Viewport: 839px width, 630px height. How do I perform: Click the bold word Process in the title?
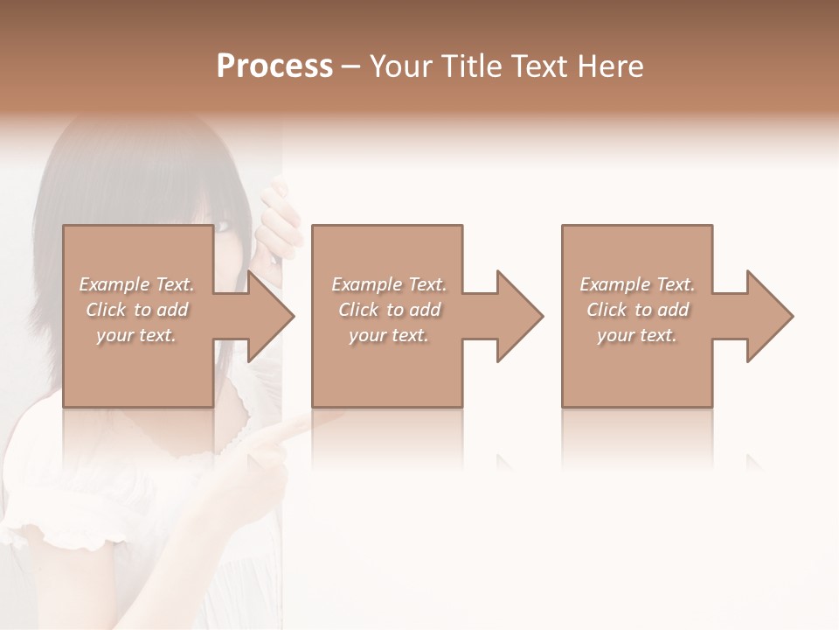[274, 66]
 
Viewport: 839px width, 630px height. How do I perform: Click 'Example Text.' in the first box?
[137, 284]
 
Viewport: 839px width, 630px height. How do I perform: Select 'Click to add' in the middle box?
[389, 310]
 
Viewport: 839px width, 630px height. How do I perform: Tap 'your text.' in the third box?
[637, 335]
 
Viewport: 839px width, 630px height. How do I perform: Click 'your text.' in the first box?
[137, 335]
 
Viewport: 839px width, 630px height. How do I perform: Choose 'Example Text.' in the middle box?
[389, 284]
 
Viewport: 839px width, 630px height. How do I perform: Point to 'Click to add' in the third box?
[637, 310]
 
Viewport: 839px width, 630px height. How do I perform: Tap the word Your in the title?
[402, 66]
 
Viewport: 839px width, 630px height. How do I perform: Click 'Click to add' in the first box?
[137, 310]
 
